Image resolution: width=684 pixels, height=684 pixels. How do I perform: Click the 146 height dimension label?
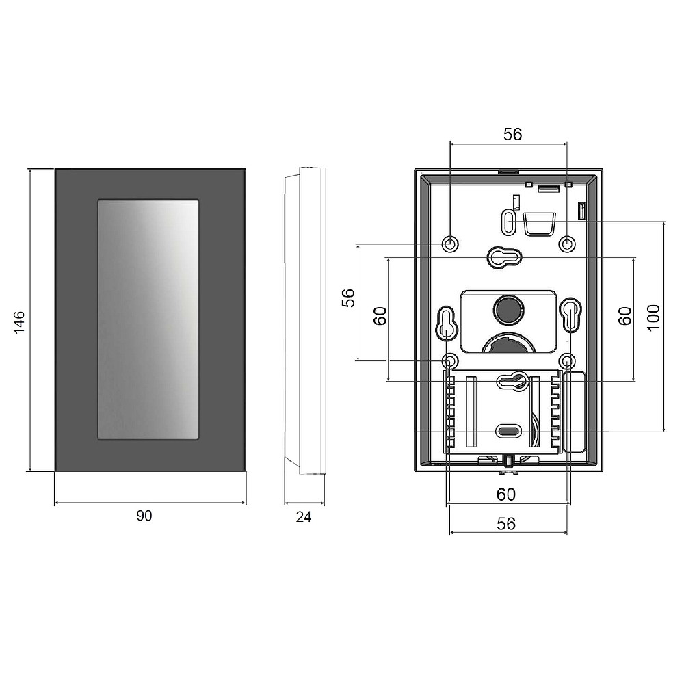click(x=19, y=322)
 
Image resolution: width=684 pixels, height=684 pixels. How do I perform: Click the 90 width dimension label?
click(x=144, y=516)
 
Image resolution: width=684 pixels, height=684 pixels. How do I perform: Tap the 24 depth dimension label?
click(x=304, y=517)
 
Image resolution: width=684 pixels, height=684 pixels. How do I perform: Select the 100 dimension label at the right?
click(x=653, y=317)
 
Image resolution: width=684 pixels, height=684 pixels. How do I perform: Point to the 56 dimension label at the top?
click(x=512, y=134)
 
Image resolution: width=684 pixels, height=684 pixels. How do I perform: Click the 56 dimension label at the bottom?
click(x=506, y=523)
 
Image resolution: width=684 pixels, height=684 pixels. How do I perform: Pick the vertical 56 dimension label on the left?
click(x=349, y=298)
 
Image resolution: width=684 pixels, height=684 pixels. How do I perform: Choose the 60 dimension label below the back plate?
click(x=506, y=495)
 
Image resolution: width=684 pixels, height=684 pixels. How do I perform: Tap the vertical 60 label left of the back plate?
click(x=380, y=316)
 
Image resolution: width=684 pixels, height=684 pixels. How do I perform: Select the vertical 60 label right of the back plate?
click(x=625, y=316)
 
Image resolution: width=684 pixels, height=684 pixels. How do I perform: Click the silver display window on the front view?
click(x=148, y=319)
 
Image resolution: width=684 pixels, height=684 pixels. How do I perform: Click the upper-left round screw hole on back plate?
click(x=450, y=244)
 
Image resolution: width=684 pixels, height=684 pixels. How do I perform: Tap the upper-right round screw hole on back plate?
click(x=566, y=244)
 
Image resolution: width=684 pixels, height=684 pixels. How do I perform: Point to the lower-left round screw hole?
click(x=450, y=361)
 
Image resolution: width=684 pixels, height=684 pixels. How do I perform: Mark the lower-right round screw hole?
click(x=566, y=361)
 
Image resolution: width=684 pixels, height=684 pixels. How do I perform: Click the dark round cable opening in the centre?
click(x=508, y=309)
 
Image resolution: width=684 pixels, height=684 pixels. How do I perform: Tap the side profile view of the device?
click(x=304, y=321)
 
